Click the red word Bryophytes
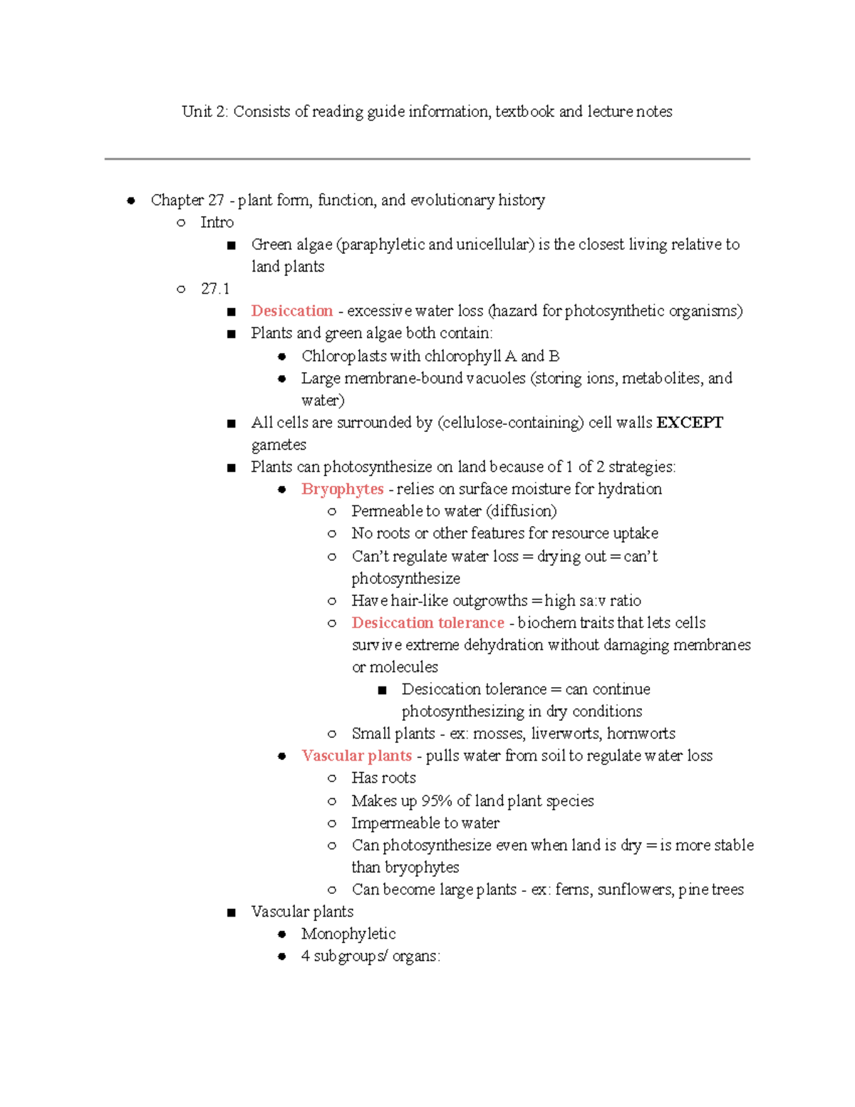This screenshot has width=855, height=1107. (342, 489)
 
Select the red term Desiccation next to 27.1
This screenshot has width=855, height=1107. (291, 311)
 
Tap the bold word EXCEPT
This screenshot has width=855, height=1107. (689, 423)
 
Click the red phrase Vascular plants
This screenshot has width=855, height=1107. (356, 756)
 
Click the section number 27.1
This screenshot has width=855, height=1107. (215, 289)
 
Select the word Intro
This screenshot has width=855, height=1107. (217, 222)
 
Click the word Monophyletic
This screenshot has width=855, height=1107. (348, 934)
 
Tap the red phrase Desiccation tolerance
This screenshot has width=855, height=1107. (427, 623)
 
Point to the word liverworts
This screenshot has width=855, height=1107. (565, 733)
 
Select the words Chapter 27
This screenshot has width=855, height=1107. (187, 200)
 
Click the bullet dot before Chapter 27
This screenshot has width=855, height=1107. (131, 201)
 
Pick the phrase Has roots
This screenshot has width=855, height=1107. (383, 778)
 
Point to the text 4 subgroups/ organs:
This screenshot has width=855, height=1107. (370, 956)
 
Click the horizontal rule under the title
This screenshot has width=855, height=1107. (427, 159)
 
